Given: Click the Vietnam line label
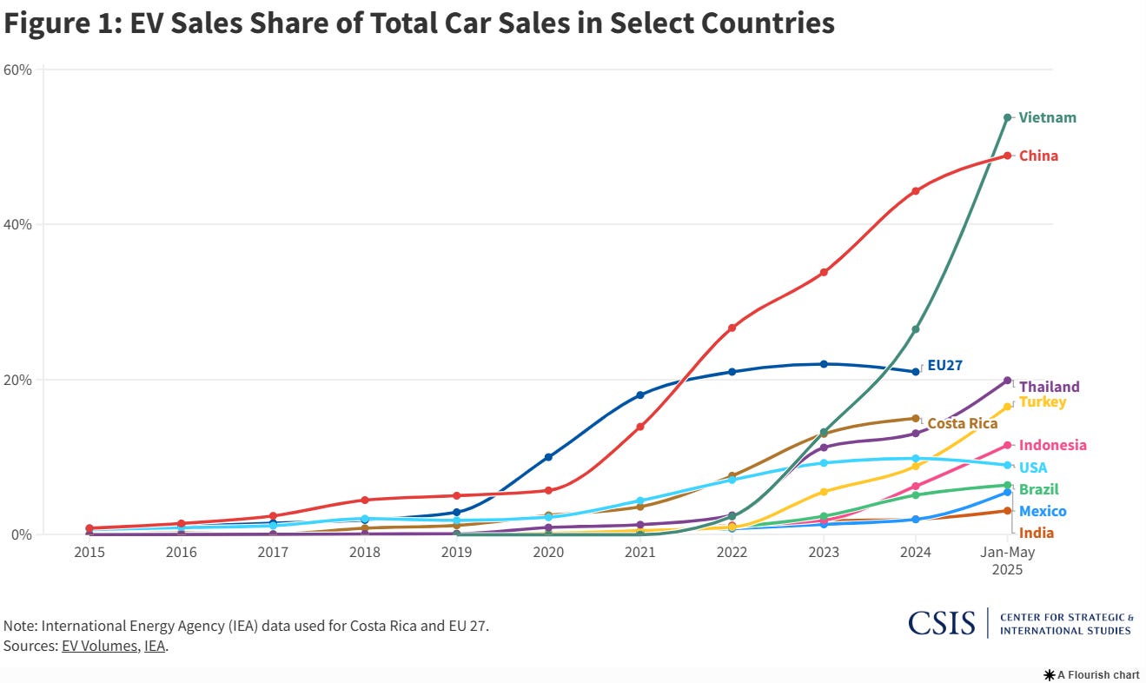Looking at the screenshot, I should pyautogui.click(x=1047, y=117).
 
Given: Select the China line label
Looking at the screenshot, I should pyautogui.click(x=1038, y=156).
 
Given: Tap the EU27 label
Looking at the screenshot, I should pyautogui.click(x=944, y=366).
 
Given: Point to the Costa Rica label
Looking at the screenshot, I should pyautogui.click(x=962, y=424).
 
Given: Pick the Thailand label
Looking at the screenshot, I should pyautogui.click(x=1050, y=387).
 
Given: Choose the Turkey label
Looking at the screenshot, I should pyautogui.click(x=1042, y=401).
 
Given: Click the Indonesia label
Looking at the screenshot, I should pyautogui.click(x=1052, y=445).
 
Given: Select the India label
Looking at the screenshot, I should pyautogui.click(x=1037, y=533).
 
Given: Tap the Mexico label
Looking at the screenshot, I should pyautogui.click(x=1043, y=511).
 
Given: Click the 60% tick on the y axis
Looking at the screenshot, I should pyautogui.click(x=18, y=70).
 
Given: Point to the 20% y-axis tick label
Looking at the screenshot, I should pyautogui.click(x=18, y=380).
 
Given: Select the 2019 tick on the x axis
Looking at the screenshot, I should pyautogui.click(x=456, y=552).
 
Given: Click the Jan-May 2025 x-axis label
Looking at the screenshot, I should pyautogui.click(x=1007, y=560).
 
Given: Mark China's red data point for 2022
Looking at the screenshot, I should pyautogui.click(x=732, y=328).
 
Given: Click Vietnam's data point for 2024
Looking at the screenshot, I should pyautogui.click(x=916, y=329).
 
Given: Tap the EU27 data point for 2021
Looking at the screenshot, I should pyautogui.click(x=640, y=395).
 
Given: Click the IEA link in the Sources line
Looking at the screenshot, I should pyautogui.click(x=155, y=647).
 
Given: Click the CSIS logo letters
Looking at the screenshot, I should pyautogui.click(x=942, y=623).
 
